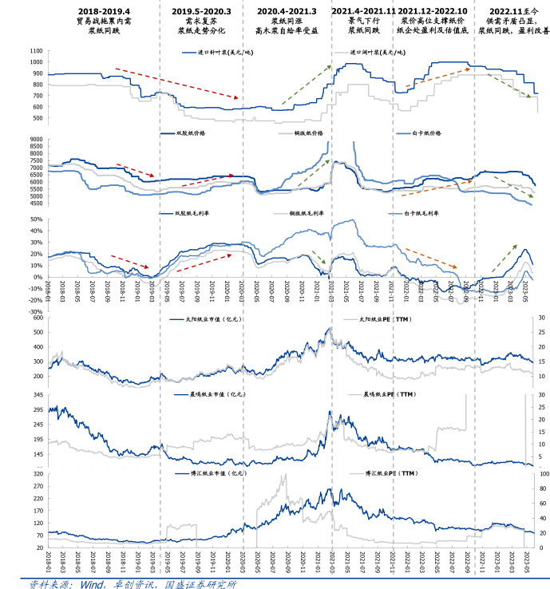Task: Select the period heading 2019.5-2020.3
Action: pyautogui.click(x=201, y=11)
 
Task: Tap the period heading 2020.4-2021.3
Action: pyautogui.click(x=287, y=11)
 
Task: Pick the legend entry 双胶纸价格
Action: pyautogui.click(x=191, y=133)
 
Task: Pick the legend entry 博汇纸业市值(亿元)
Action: pyautogui.click(x=212, y=473)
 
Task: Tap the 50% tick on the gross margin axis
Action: pyautogui.click(x=37, y=219)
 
